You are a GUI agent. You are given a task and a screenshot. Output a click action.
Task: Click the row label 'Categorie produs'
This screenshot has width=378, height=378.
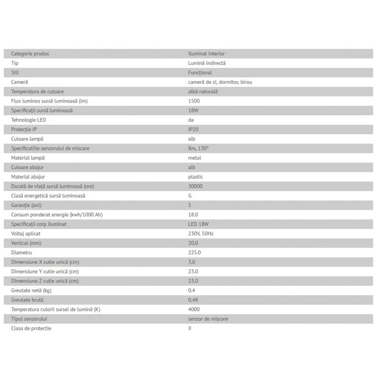(30, 53)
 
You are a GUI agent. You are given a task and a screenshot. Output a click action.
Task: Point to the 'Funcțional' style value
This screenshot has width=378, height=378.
(200, 72)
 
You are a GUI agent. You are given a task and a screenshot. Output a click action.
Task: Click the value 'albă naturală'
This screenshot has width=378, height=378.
(203, 91)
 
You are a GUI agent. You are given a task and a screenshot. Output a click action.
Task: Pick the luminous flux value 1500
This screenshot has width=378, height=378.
(194, 101)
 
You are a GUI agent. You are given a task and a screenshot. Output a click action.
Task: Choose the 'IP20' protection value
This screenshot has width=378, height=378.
(194, 129)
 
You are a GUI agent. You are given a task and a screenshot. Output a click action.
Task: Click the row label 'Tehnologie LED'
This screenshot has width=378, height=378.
(28, 120)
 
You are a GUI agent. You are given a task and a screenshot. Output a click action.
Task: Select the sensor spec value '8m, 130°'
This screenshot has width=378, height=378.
(198, 148)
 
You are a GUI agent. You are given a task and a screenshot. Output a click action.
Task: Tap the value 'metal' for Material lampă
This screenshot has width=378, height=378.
(195, 157)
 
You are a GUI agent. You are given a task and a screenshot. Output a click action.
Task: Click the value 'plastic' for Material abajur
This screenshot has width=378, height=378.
(196, 176)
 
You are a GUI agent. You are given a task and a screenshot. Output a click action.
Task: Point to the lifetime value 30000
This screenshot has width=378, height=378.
(195, 186)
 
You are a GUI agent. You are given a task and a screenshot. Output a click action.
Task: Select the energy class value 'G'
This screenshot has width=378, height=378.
(190, 195)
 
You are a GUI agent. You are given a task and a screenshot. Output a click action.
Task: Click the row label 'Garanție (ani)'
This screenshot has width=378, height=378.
(26, 205)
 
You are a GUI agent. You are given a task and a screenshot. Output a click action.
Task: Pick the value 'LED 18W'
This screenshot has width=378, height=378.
(198, 223)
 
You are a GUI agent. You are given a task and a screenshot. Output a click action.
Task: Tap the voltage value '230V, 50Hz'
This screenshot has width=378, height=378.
(201, 233)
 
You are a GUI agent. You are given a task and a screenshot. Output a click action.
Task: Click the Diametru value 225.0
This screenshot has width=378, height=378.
(194, 252)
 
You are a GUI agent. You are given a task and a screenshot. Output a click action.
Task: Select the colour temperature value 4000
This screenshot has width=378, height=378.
(194, 309)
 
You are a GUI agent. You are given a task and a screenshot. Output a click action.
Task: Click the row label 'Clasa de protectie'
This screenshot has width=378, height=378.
(31, 328)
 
